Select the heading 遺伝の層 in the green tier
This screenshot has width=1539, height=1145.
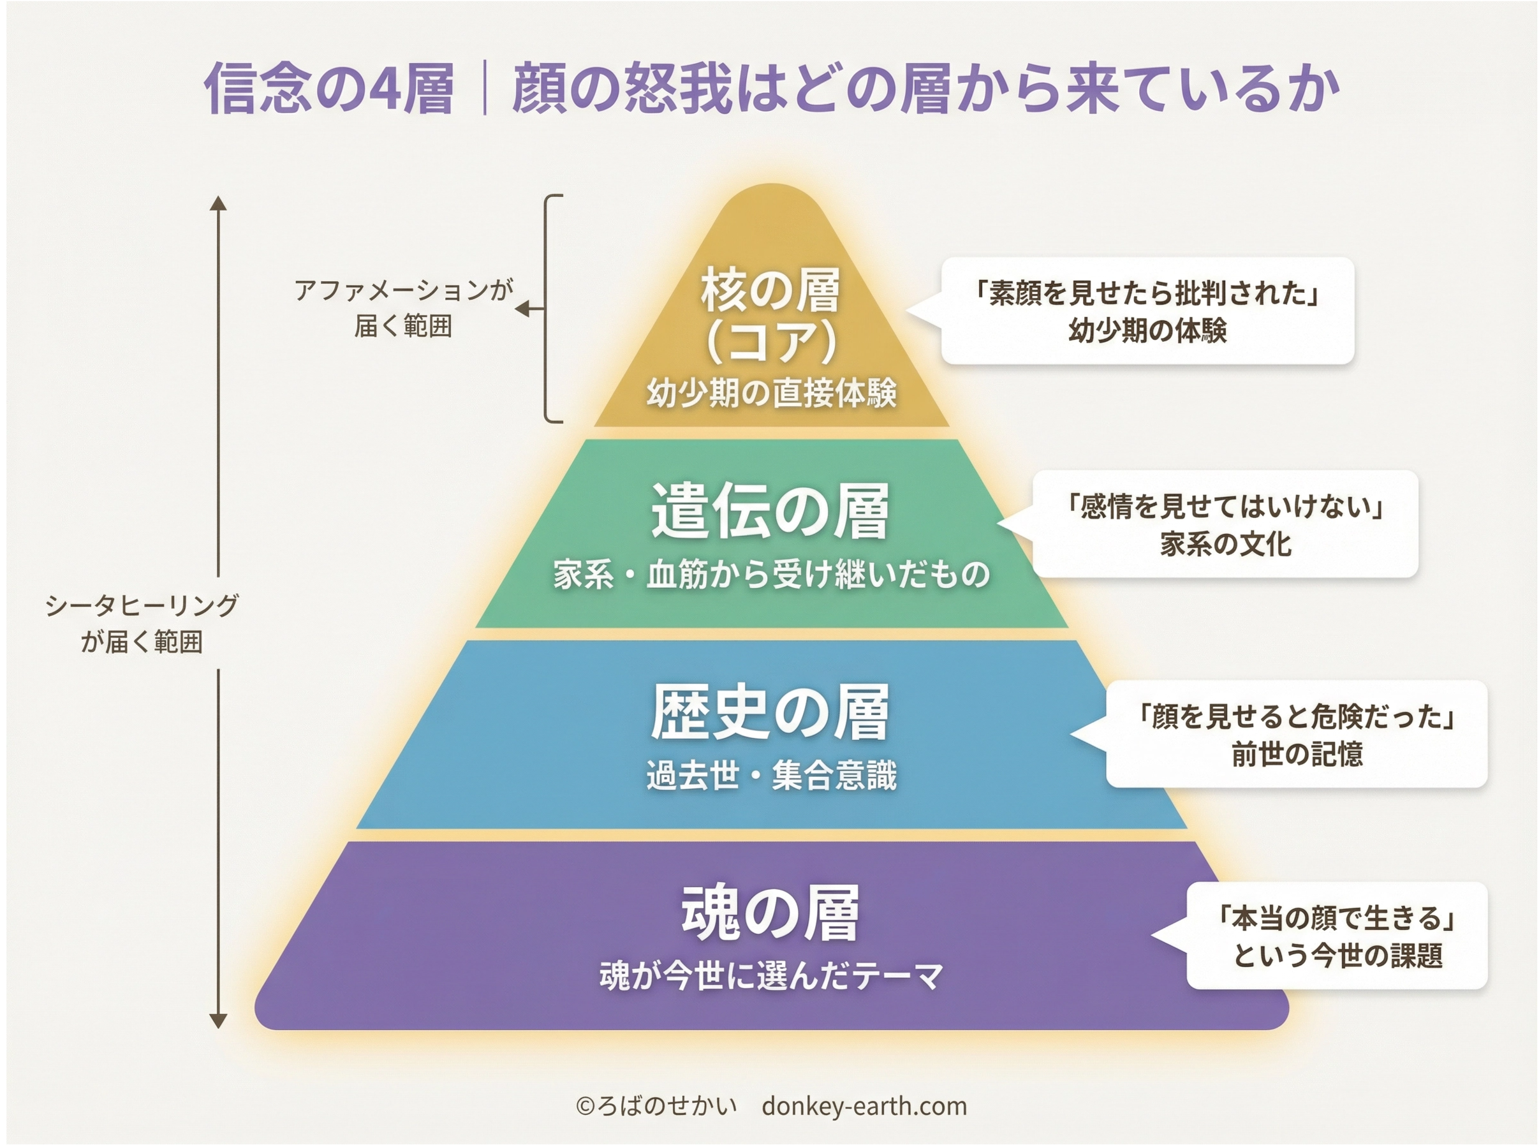tap(770, 512)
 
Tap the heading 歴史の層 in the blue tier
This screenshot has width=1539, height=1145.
tap(770, 713)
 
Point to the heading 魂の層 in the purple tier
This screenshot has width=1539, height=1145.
tap(770, 913)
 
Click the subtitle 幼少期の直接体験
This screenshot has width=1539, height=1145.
tap(771, 394)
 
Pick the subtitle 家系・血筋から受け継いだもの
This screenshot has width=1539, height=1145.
tap(771, 575)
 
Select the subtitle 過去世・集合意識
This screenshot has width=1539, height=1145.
tap(771, 776)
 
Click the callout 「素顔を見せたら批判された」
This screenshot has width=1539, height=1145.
tap(1147, 294)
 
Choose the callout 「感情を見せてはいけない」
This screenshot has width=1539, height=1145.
tap(1225, 506)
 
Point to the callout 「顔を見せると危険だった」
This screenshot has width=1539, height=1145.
tap(1297, 717)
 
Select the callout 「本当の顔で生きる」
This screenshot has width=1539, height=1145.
tap(1337, 919)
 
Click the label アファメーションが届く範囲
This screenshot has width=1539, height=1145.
tap(403, 307)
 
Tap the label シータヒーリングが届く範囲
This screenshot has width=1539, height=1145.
tap(142, 624)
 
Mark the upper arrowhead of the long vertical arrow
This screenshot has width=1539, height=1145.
tap(218, 202)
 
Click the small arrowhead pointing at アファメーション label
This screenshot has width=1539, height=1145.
tap(523, 309)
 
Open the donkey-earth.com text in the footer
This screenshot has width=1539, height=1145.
tap(864, 1105)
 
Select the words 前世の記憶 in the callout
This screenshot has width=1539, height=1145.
tap(1297, 754)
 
